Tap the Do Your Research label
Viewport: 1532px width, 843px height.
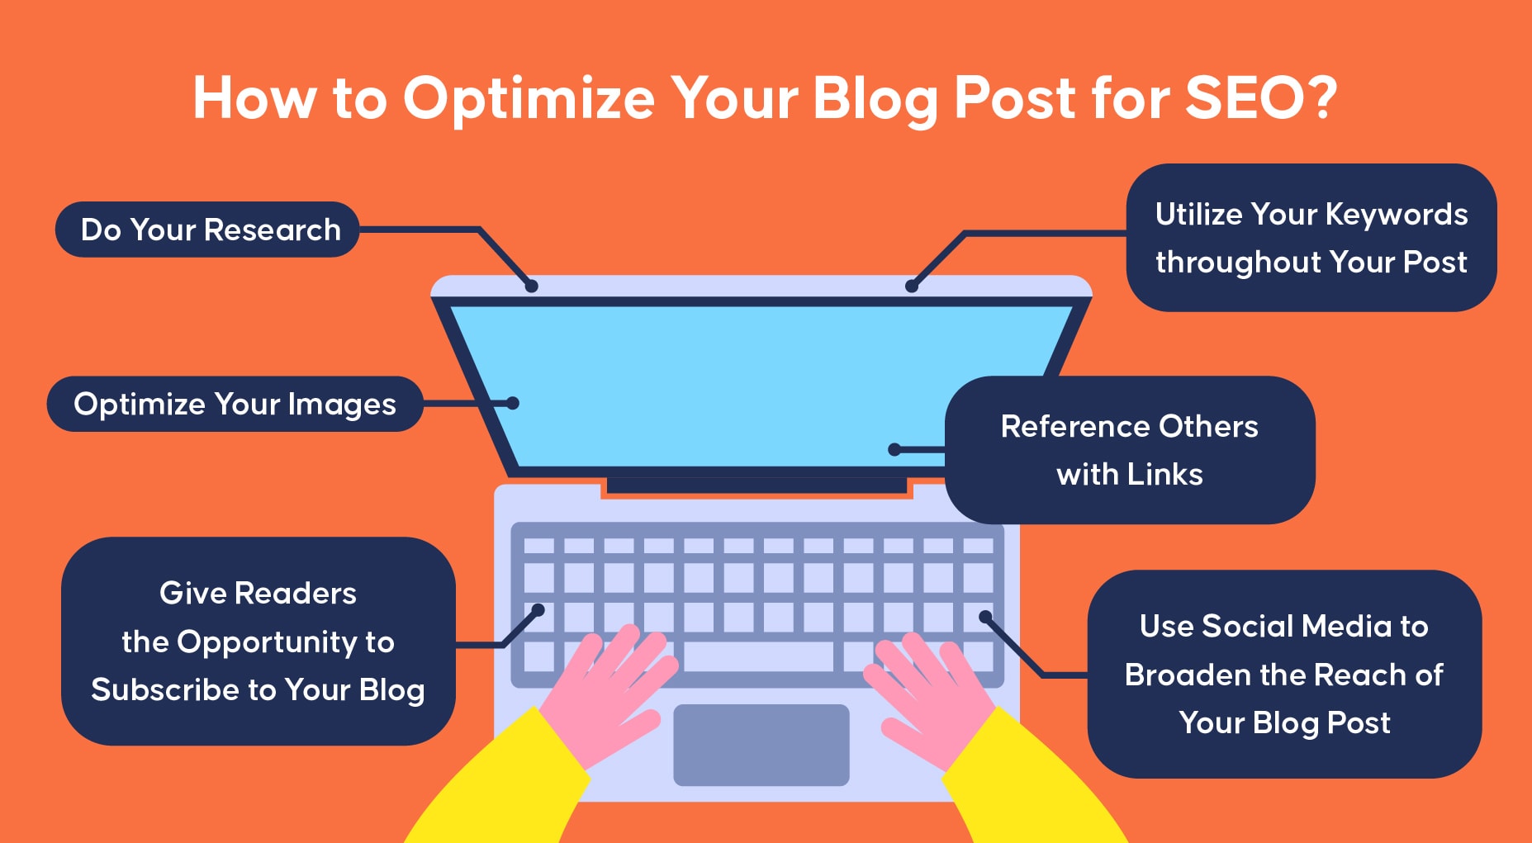tap(207, 230)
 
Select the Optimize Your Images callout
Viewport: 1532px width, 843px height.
tap(235, 404)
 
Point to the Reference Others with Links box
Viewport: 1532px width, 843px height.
tap(1130, 450)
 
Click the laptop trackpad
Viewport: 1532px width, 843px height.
tap(761, 745)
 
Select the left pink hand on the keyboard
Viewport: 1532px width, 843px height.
tap(615, 688)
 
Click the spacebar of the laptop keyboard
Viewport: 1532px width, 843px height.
tap(759, 657)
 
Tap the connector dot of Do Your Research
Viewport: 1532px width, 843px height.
tap(532, 286)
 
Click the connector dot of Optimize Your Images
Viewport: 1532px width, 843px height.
tap(512, 403)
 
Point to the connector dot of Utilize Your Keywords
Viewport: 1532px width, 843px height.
tap(912, 286)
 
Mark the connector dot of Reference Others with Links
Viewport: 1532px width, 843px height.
tap(894, 449)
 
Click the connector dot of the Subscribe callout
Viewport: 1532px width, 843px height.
tap(538, 610)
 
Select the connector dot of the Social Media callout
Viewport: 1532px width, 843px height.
tap(985, 617)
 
